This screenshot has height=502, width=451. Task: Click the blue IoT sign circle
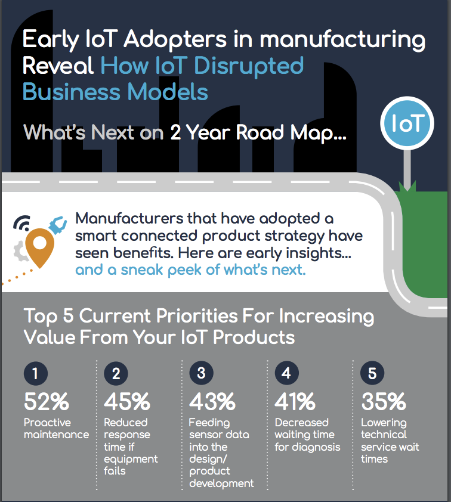pos(407,123)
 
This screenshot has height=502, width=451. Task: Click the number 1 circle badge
pos(36,373)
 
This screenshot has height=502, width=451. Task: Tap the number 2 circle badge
pos(116,373)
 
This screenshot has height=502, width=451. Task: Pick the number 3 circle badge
pos(201,373)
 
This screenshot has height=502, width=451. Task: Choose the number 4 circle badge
pos(287,373)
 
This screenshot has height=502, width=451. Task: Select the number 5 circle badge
pos(372,373)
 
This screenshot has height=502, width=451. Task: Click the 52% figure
pos(47,401)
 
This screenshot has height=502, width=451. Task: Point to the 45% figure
pos(127,401)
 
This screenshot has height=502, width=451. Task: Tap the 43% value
pos(212,401)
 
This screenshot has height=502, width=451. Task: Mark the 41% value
pos(295,401)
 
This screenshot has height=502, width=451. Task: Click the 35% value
pos(384,401)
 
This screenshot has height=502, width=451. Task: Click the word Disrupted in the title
pos(249,66)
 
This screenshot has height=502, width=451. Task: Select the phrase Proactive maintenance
pos(56,428)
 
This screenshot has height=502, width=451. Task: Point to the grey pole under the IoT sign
pos(407,170)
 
